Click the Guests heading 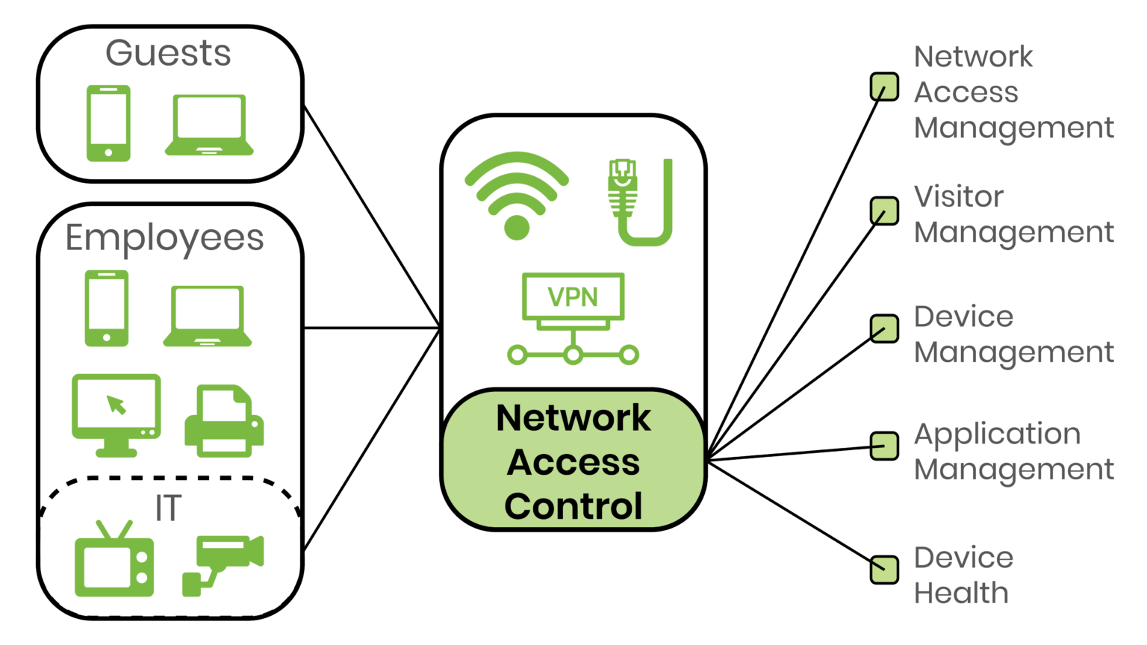point(168,54)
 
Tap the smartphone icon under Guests point(108,122)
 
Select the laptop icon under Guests point(209,125)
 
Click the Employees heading point(164,238)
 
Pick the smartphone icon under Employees point(106,308)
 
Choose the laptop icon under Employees point(208,316)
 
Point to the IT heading point(167,508)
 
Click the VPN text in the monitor point(573,297)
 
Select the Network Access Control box point(573,461)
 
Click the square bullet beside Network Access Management point(884,87)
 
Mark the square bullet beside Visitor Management point(884,211)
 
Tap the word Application point(997,434)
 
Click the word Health point(961,593)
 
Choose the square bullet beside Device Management point(884,329)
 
